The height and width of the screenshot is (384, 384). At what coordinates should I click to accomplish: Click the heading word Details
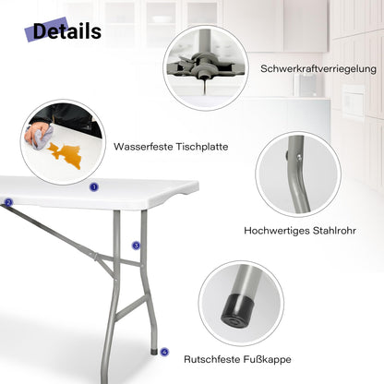(67, 31)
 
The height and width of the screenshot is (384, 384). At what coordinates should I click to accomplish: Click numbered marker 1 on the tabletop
(93, 186)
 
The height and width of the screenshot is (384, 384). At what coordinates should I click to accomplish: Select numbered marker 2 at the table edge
(8, 202)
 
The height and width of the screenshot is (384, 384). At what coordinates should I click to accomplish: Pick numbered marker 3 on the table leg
(136, 246)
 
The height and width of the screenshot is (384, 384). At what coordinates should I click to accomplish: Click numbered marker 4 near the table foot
(164, 351)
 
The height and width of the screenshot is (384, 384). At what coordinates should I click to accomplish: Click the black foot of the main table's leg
(154, 350)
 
